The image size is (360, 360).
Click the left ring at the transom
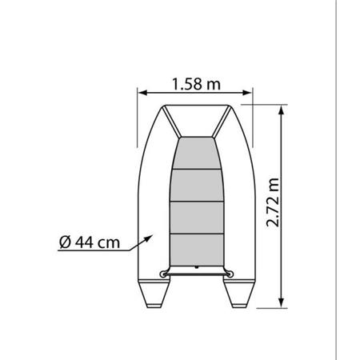[x=166, y=273]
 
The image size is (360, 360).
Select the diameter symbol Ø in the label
[x=66, y=243]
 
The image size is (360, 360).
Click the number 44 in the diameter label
[x=84, y=243]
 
